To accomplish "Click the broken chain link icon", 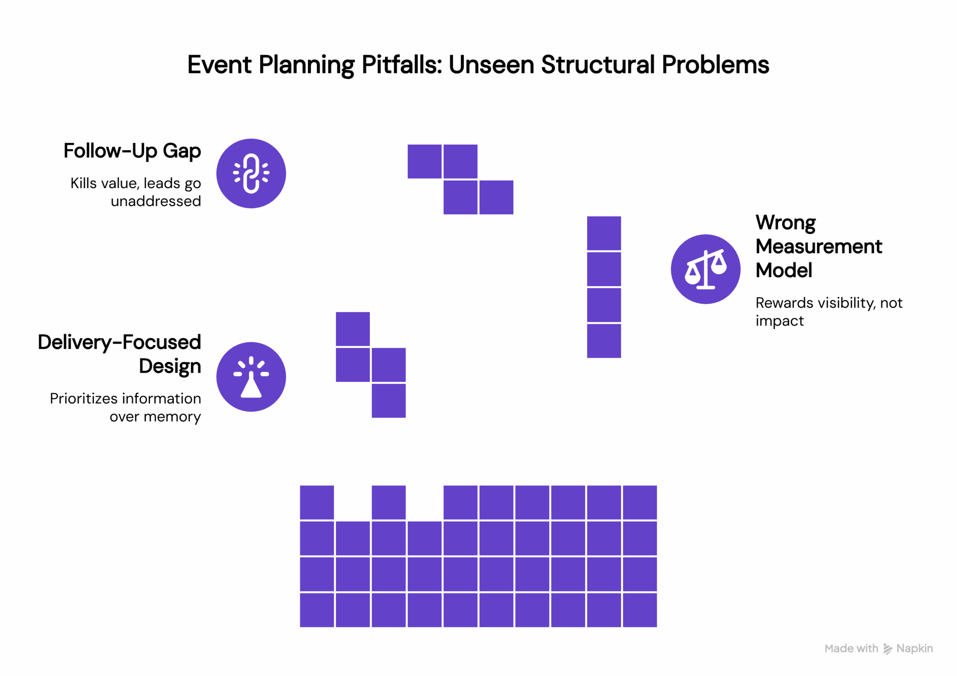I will click(251, 173).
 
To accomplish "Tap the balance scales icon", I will click(706, 269).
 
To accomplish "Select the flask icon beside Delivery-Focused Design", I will click(251, 377).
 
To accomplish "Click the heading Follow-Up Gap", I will click(132, 151).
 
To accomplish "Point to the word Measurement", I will click(819, 246).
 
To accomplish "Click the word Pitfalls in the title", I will click(401, 65).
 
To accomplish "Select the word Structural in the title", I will click(597, 65).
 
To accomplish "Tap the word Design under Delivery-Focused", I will click(170, 366).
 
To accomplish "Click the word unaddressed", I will click(156, 201).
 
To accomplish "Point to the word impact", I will click(779, 321).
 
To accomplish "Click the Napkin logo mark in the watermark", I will click(888, 649).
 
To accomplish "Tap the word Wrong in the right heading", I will click(785, 222).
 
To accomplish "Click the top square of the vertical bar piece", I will click(604, 233).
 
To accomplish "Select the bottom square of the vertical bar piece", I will click(604, 341).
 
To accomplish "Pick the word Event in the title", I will click(219, 65).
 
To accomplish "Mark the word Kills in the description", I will click(83, 183).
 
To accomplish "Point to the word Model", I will click(784, 270).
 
